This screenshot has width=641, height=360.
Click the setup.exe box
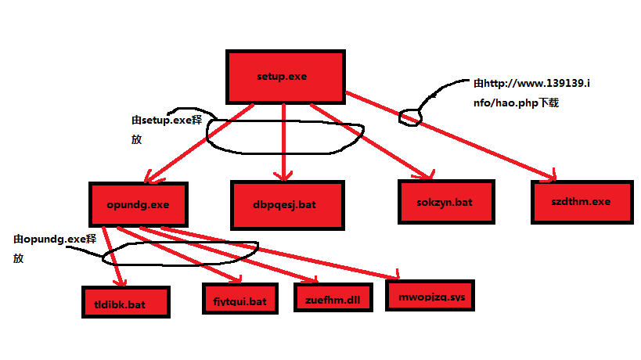point(285,77)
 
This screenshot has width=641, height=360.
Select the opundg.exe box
point(139,204)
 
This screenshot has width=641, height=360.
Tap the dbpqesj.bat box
point(286,204)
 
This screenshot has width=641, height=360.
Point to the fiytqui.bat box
point(239,300)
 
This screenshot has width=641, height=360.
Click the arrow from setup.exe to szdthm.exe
point(470,142)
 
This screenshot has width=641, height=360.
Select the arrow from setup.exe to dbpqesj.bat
point(283,145)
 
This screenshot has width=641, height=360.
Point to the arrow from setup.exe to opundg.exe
point(196,145)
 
